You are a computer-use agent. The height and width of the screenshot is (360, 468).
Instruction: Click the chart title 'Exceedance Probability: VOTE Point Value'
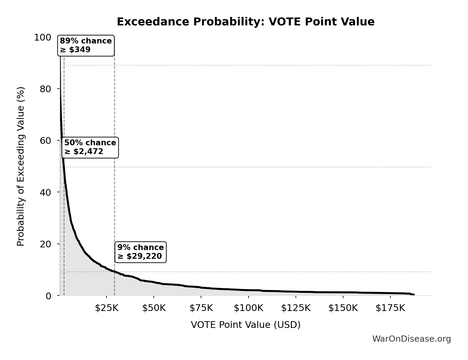pyautogui.click(x=245, y=22)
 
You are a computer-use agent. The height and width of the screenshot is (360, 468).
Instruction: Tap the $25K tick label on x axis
pyautogui.click(x=106, y=308)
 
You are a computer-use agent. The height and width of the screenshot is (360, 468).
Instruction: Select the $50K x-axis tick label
pyautogui.click(x=154, y=308)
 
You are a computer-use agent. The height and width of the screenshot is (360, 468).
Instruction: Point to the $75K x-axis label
pyautogui.click(x=201, y=308)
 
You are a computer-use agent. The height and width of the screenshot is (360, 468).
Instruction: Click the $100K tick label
pyautogui.click(x=248, y=308)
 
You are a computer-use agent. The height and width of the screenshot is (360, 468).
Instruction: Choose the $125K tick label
pyautogui.click(x=296, y=308)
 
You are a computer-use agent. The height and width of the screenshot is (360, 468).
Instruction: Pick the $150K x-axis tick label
pyautogui.click(x=343, y=308)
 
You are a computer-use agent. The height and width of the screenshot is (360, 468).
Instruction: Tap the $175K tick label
pyautogui.click(x=390, y=308)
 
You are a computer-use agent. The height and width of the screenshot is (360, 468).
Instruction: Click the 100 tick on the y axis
pyautogui.click(x=42, y=37)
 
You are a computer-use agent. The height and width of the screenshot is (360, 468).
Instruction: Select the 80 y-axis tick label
pyautogui.click(x=46, y=89)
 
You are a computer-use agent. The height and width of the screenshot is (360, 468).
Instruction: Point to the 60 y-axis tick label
pyautogui.click(x=46, y=141)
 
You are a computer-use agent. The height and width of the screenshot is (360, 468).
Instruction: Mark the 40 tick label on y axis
pyautogui.click(x=46, y=192)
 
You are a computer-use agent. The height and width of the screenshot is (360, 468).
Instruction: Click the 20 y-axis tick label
pyautogui.click(x=46, y=244)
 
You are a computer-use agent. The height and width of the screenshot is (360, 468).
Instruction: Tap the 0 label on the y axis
pyautogui.click(x=48, y=296)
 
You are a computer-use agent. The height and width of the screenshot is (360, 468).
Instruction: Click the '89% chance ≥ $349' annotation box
pyautogui.click(x=86, y=46)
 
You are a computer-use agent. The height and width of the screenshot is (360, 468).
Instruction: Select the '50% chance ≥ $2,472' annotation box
pyautogui.click(x=90, y=147)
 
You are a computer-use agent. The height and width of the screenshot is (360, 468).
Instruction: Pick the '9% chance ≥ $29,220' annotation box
pyautogui.click(x=140, y=252)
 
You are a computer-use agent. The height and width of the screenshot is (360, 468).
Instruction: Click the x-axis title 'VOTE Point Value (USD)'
pyautogui.click(x=245, y=325)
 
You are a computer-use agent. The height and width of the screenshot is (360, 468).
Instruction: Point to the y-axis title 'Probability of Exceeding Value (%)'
pyautogui.click(x=21, y=166)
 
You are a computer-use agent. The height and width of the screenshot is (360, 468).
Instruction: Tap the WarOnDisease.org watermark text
pyautogui.click(x=411, y=339)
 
